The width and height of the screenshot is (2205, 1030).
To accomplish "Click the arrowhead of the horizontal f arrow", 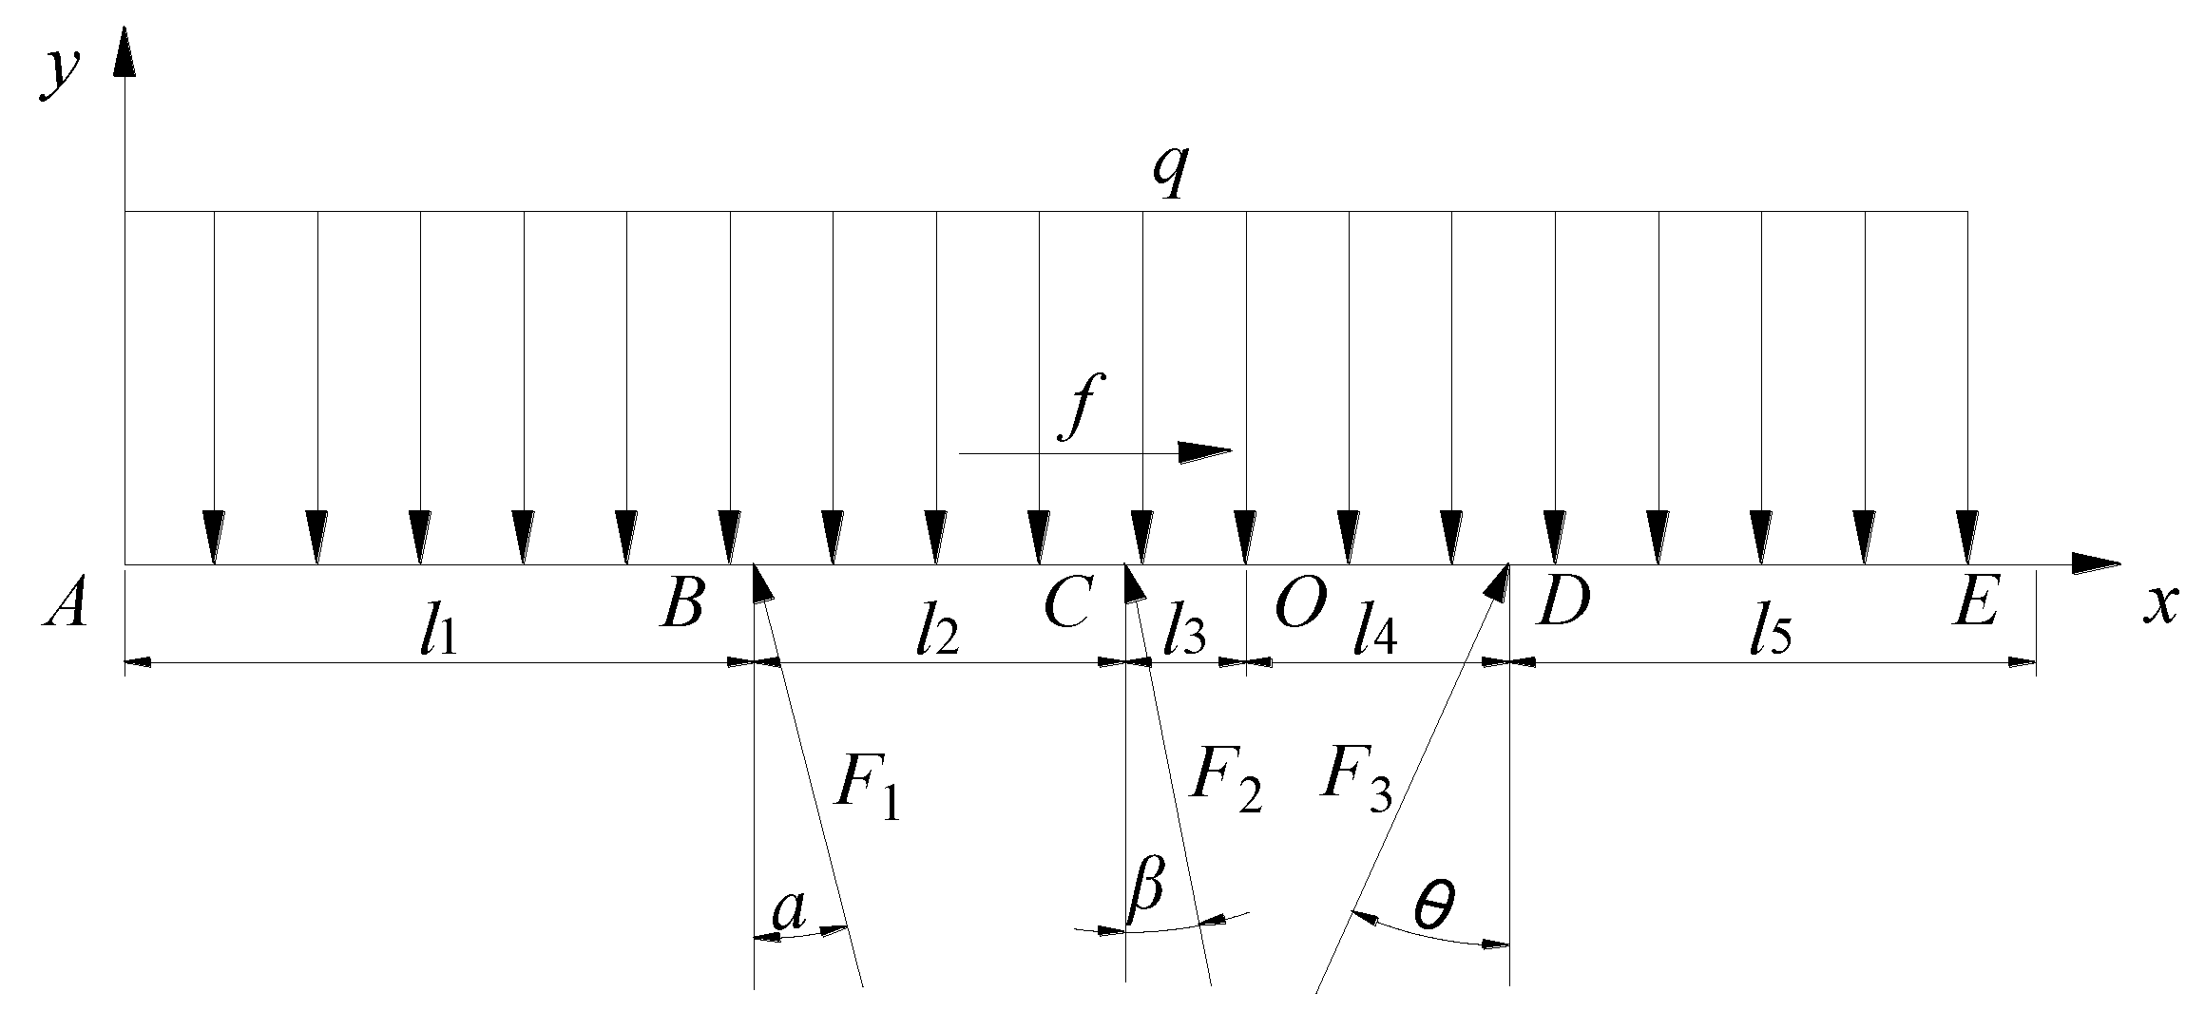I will (1205, 451).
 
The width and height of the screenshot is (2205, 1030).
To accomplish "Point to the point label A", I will (65, 606).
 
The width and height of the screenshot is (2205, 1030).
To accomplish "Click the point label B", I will (682, 604).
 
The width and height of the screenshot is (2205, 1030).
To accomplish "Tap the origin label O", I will (1298, 606).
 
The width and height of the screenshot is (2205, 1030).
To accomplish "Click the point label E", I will (1973, 604).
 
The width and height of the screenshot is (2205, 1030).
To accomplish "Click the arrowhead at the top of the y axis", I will (125, 52).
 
